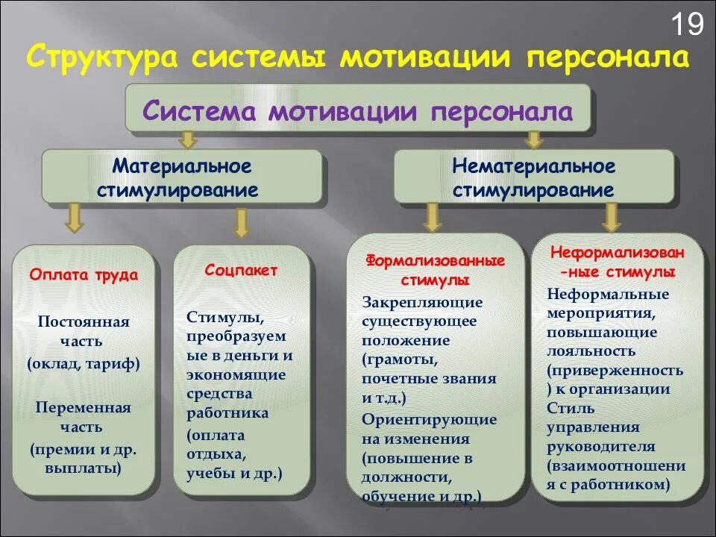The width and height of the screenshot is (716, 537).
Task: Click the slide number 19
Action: (687, 25)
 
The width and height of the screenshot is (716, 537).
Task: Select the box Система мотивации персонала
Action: (357, 111)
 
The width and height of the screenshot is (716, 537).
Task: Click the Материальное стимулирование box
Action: (181, 177)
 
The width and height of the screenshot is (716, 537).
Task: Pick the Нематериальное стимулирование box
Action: (533, 177)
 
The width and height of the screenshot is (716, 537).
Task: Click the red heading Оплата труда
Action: (84, 274)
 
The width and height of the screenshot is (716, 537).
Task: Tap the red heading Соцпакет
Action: (241, 270)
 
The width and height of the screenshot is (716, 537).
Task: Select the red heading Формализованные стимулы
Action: (435, 270)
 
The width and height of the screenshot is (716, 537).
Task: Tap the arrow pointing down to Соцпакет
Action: (240, 221)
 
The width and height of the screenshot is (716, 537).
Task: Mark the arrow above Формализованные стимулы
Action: (432, 216)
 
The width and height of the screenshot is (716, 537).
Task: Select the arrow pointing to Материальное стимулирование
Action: (188, 139)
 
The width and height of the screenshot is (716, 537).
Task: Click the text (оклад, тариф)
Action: (84, 365)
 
